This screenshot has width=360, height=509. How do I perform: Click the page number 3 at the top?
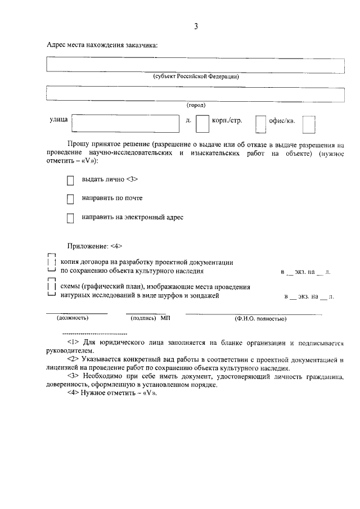(x=196, y=26)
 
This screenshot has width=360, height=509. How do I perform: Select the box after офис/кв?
(x=309, y=124)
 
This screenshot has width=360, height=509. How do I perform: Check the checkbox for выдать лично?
(x=70, y=181)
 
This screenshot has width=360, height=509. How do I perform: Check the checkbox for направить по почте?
(x=70, y=199)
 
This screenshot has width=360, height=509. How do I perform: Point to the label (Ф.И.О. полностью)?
(x=260, y=319)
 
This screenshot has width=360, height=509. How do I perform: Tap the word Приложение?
(x=87, y=246)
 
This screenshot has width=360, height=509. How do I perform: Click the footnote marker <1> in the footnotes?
(x=73, y=342)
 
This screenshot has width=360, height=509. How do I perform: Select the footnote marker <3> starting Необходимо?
(x=73, y=375)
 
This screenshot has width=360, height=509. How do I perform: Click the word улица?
(x=58, y=120)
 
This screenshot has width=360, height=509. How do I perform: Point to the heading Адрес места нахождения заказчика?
(x=102, y=45)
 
